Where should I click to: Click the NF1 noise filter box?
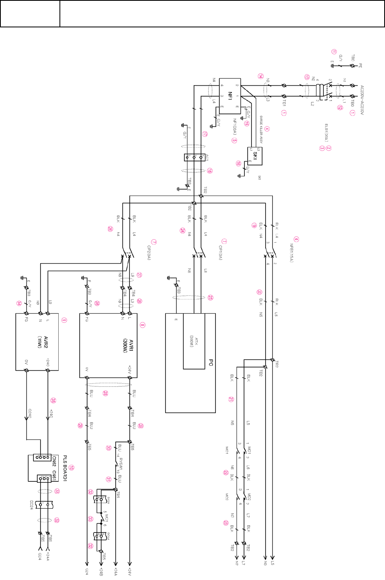coord(230,96)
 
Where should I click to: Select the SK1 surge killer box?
coord(255,156)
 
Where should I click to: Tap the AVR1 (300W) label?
coord(128,346)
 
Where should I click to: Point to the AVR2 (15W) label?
coord(43,343)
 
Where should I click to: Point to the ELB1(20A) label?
coord(326,133)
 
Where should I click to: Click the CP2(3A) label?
coord(149,253)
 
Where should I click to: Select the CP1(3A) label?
coord(220,253)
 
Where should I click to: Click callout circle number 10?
coord(71,468)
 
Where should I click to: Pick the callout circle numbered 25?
coord(211,297)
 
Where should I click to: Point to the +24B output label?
coord(101,572)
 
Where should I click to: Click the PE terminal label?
coord(360,65)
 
